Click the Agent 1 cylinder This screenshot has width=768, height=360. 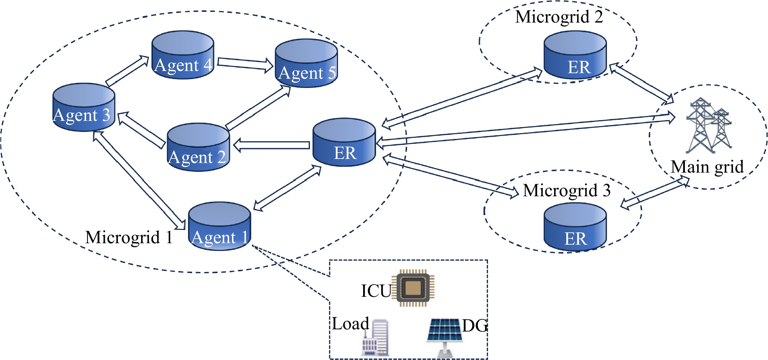click(x=219, y=226)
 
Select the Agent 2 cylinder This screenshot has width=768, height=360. click(x=198, y=147)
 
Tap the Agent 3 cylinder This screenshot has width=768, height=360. click(x=83, y=107)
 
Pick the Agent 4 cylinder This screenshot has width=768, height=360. click(x=183, y=55)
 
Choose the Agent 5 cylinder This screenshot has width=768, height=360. click(x=306, y=63)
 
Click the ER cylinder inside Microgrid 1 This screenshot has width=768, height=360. click(x=344, y=142)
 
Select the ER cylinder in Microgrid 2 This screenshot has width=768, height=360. click(x=575, y=55)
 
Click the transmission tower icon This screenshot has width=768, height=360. click(x=709, y=126)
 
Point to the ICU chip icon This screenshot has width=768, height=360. click(x=413, y=288)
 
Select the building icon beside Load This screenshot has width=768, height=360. click(x=375, y=337)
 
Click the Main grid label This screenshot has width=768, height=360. click(x=707, y=167)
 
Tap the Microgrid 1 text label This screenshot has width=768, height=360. click(x=129, y=237)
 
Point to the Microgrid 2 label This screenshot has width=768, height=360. click(x=559, y=17)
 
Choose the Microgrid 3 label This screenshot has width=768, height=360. click(x=567, y=191)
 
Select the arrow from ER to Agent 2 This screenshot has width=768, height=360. click(x=272, y=145)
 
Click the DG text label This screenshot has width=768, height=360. click(x=475, y=326)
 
